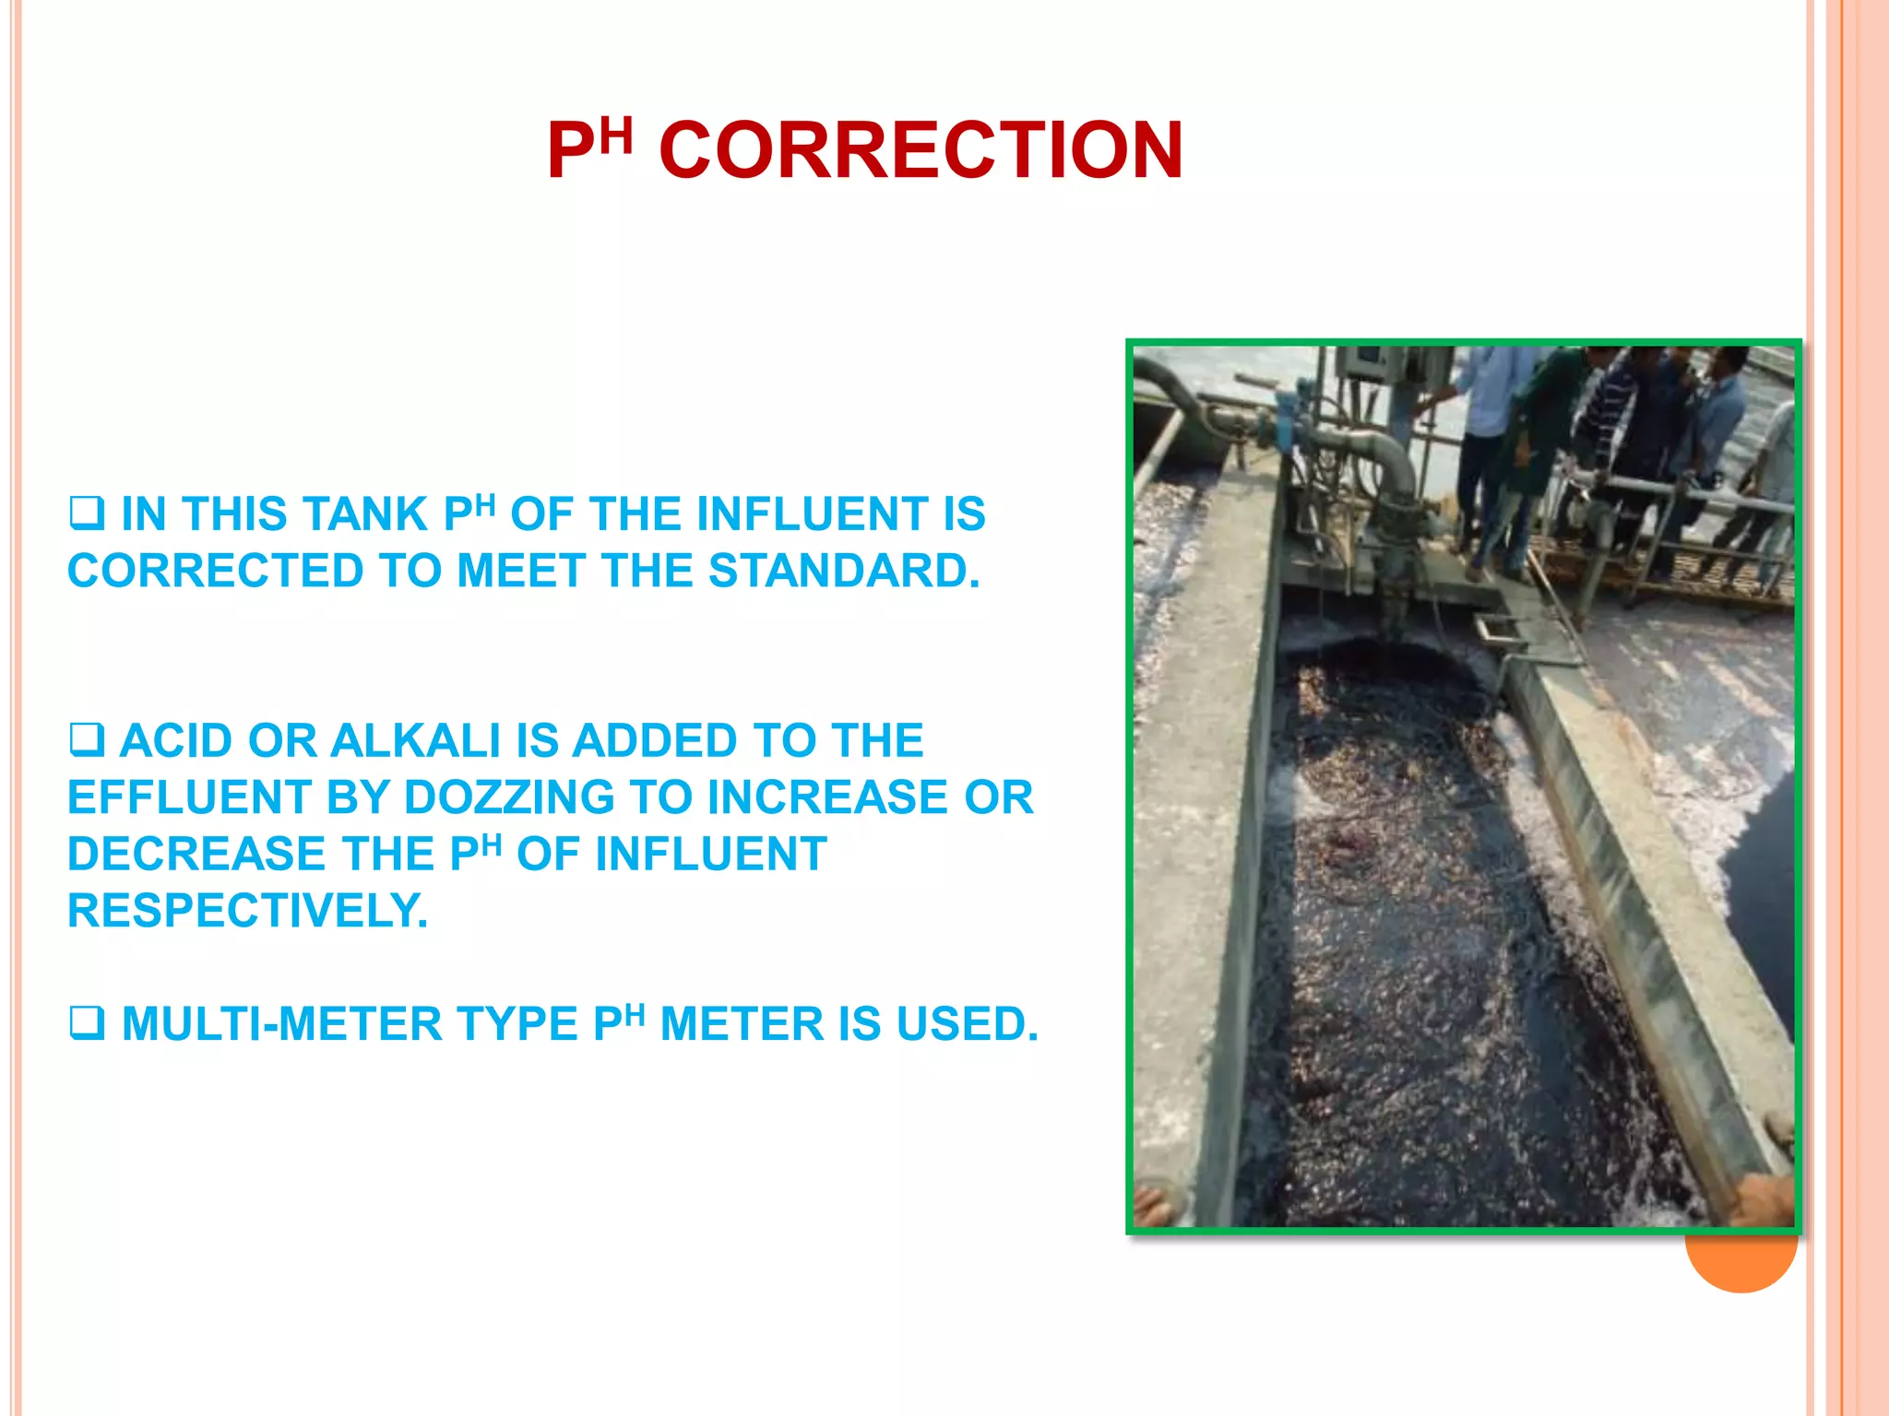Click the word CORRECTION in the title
point(921,150)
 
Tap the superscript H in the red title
point(616,136)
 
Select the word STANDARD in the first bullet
point(843,571)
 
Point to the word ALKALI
point(415,741)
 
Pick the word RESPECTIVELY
point(247,911)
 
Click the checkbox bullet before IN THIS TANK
point(87,513)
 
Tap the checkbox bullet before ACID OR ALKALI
point(87,740)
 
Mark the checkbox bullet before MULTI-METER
point(87,1023)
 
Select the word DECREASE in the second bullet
point(196,855)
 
